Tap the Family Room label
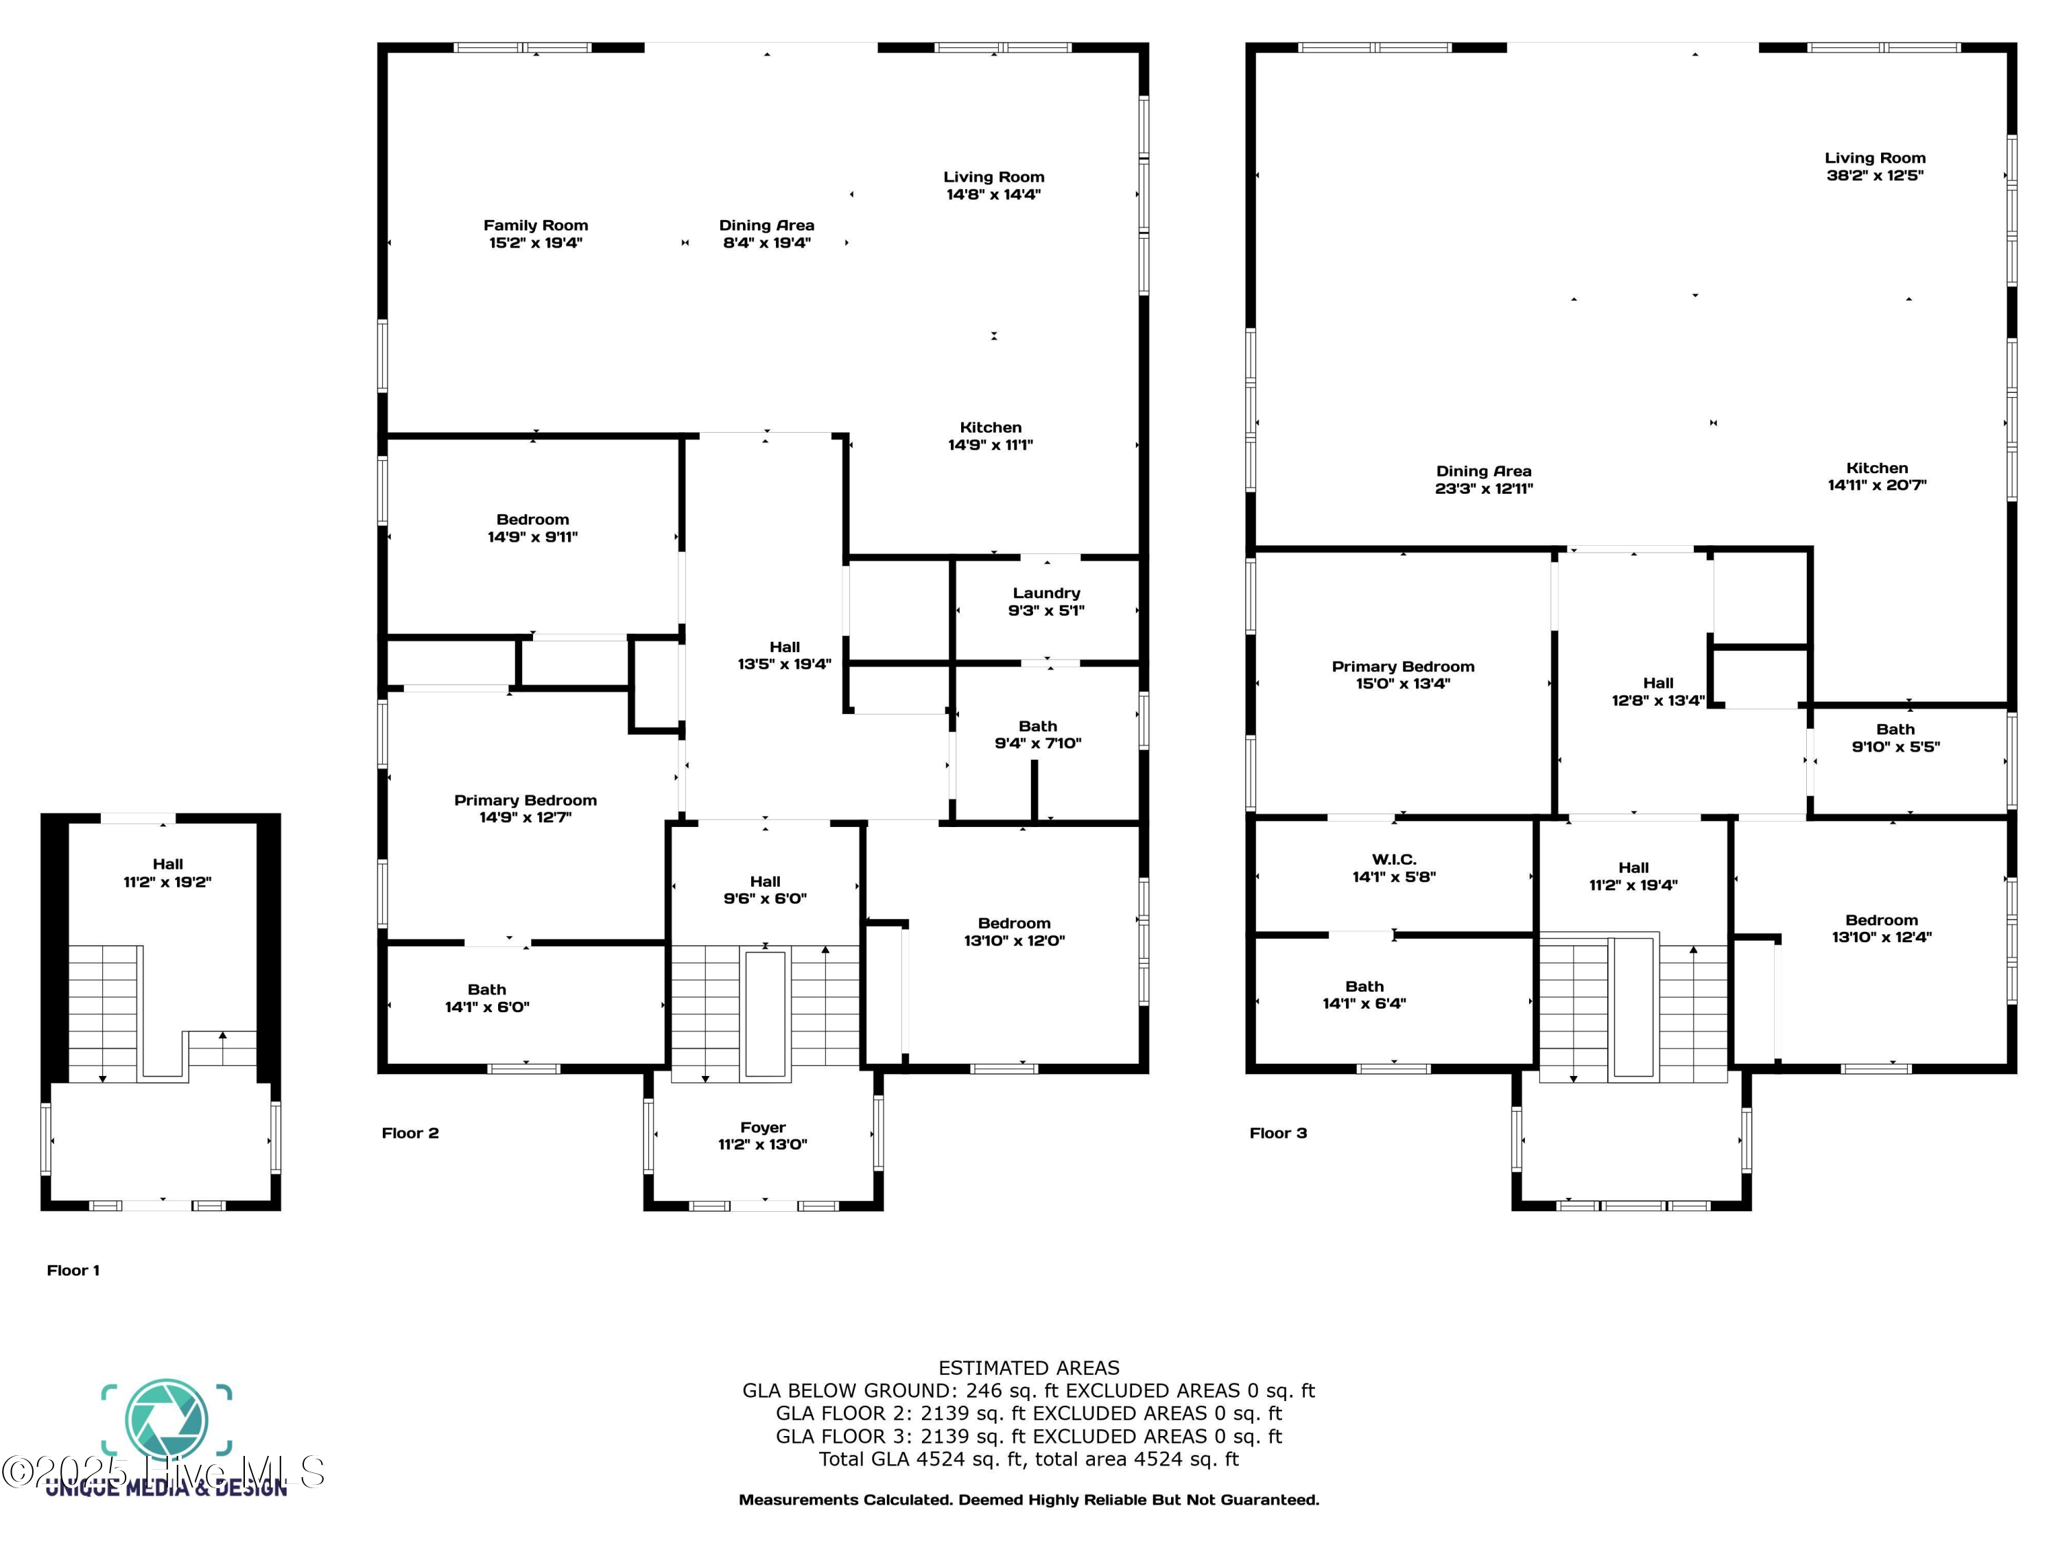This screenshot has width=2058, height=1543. coord(535,225)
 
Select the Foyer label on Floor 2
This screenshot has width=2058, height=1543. coord(762,1127)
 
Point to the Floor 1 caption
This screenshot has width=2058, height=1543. coord(73,1271)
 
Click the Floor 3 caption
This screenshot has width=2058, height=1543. coord(1277,1133)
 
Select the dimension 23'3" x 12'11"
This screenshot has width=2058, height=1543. coord(1483,488)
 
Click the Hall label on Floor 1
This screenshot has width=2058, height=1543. coord(167,864)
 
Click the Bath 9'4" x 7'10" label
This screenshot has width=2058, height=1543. coord(1037,726)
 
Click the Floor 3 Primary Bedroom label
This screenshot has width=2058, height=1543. coord(1402,667)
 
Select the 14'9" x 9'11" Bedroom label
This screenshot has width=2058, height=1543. coord(532,520)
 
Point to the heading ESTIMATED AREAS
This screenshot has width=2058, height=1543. coord(1028,1368)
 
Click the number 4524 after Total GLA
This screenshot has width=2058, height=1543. coord(941,1459)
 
